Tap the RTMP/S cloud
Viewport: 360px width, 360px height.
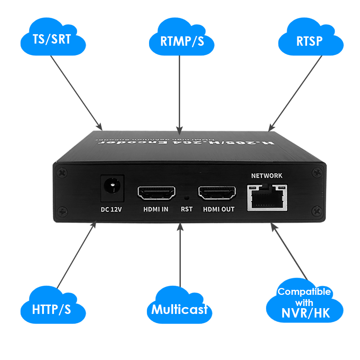182,40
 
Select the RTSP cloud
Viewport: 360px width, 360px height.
310,40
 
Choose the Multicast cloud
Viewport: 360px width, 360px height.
179,309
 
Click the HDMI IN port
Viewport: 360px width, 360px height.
156,193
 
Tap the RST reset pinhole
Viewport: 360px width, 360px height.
186,197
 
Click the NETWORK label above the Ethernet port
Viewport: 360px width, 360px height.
267,176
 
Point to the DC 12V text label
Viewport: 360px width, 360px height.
111,209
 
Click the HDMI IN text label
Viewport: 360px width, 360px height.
156,209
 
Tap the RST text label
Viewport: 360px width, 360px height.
186,209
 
